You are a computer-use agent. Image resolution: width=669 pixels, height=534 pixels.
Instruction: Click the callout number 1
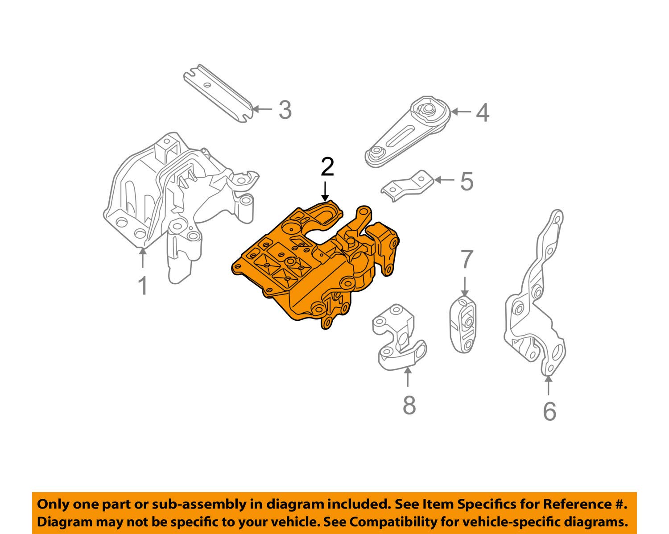143,286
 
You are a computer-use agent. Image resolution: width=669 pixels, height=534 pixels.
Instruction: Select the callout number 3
285,110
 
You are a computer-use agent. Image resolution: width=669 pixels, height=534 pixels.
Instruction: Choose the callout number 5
466,182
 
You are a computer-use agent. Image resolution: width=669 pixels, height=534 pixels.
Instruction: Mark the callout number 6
549,411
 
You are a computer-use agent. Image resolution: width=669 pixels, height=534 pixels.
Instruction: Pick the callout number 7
466,260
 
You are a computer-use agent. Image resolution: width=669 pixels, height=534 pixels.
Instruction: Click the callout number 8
409,405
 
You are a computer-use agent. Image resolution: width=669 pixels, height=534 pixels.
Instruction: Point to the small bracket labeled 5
408,186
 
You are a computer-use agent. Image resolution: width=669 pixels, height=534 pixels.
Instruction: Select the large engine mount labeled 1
174,201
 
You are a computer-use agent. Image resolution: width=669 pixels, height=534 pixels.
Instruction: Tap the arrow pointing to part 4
462,112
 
